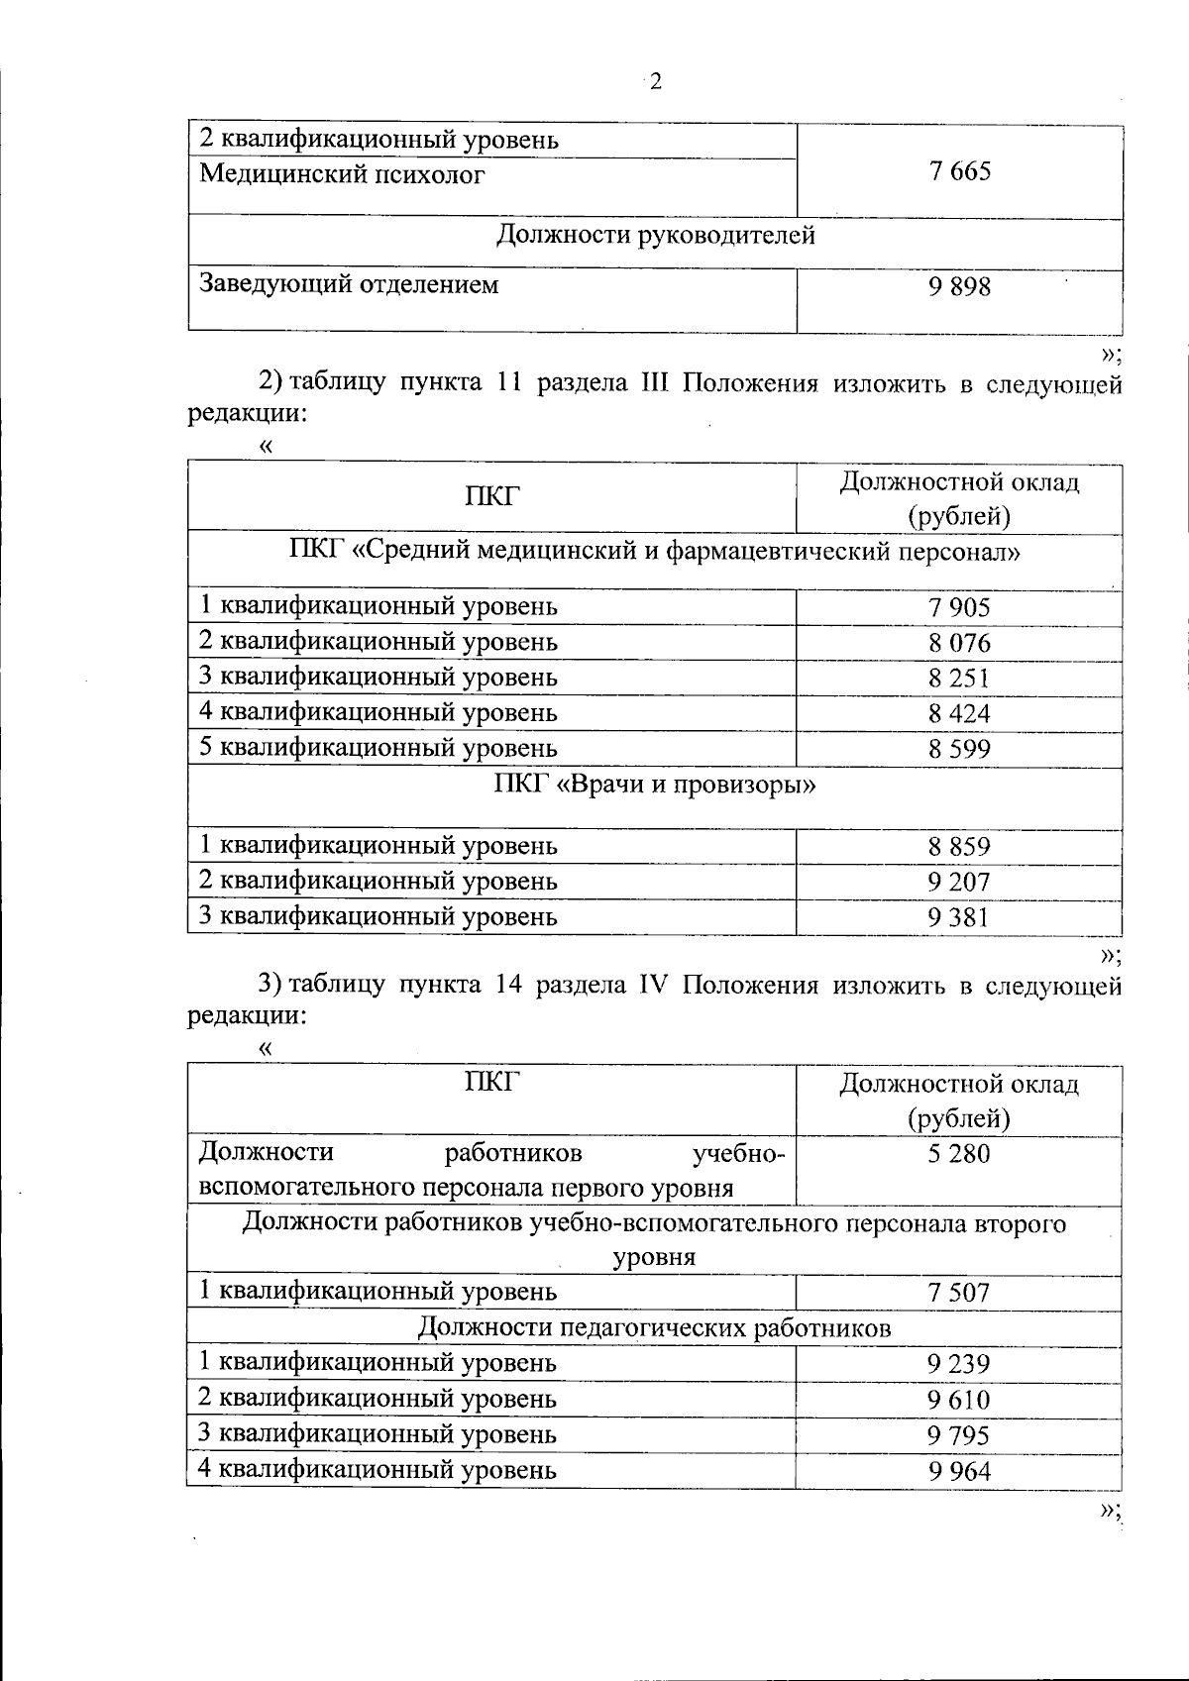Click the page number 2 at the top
654,82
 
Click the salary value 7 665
959,171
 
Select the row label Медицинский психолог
343,175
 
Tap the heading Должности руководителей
655,236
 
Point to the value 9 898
959,287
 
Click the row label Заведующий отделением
349,285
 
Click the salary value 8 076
959,644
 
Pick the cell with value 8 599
959,749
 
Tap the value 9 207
959,882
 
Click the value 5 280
959,1154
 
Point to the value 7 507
959,1293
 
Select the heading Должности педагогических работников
655,1327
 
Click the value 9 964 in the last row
959,1471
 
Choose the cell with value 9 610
959,1400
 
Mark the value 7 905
959,607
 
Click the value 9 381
959,917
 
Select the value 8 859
959,847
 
